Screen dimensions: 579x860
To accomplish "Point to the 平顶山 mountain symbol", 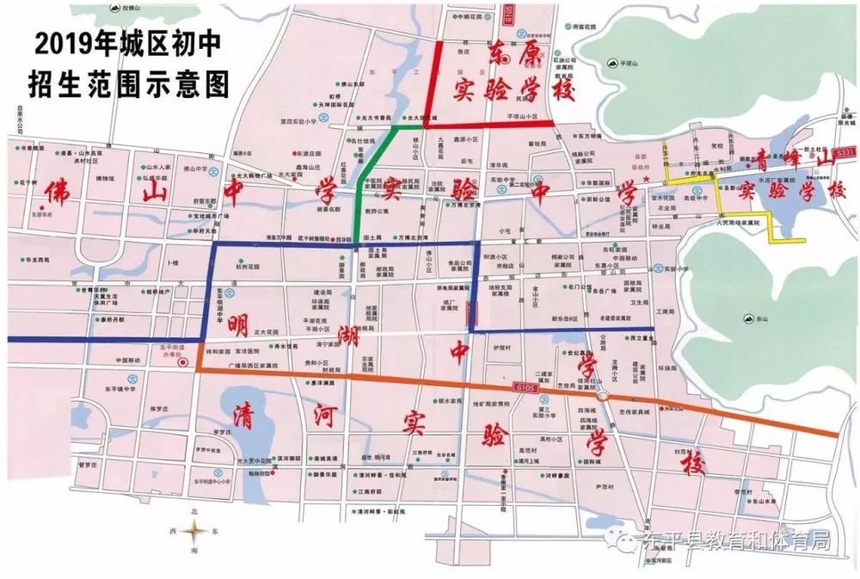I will point(611,62).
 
